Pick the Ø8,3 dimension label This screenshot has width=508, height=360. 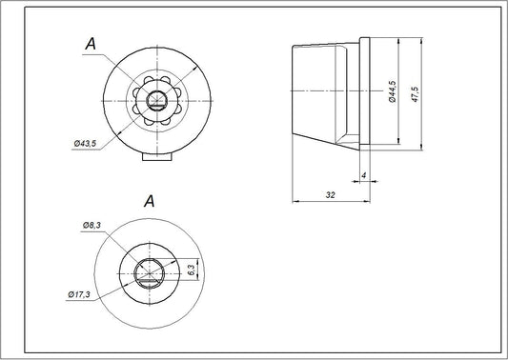[x=92, y=226]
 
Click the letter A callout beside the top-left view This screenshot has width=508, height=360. [x=90, y=43]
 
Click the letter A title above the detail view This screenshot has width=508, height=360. [x=148, y=201]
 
